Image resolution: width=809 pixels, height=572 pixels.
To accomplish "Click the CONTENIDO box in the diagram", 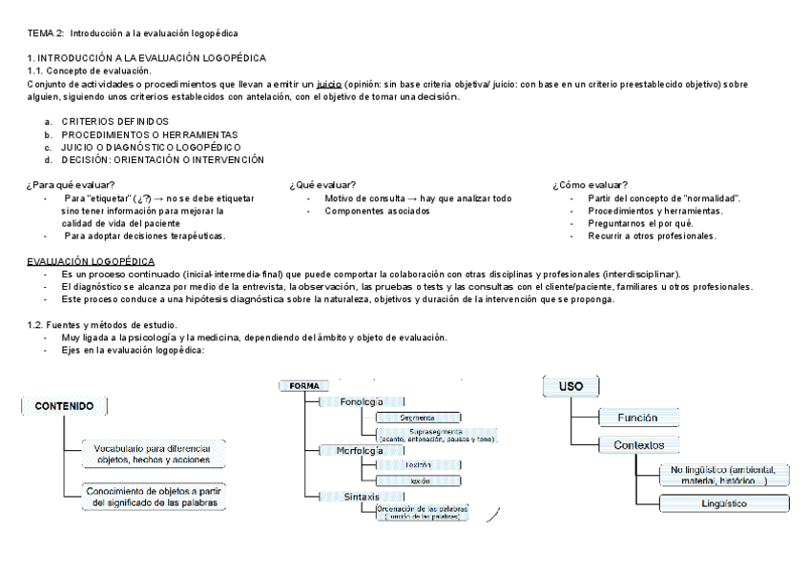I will pos(65,406).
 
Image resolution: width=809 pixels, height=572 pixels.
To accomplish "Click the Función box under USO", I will pos(637,418).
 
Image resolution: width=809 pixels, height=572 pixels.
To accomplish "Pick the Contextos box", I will pos(639,444).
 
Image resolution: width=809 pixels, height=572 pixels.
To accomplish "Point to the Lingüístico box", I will pos(723,503).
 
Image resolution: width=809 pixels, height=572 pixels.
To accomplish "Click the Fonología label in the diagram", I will pos(361,401).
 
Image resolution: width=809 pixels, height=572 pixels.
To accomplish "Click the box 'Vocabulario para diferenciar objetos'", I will pos(153,453).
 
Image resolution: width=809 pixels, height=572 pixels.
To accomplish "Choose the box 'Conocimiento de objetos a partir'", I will pos(154,497).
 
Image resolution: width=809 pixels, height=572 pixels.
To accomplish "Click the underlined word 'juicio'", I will pos(329,84).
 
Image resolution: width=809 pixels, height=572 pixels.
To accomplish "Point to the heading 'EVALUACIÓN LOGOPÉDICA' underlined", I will pos(91,260).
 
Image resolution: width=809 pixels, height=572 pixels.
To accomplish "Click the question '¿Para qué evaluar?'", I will pos(72,185).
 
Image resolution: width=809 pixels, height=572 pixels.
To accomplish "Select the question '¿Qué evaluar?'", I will pos(322,185).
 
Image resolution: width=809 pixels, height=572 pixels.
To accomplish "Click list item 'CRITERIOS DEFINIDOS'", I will pos(114,122).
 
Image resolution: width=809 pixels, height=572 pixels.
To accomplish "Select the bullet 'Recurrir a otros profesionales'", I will pos(652,235).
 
